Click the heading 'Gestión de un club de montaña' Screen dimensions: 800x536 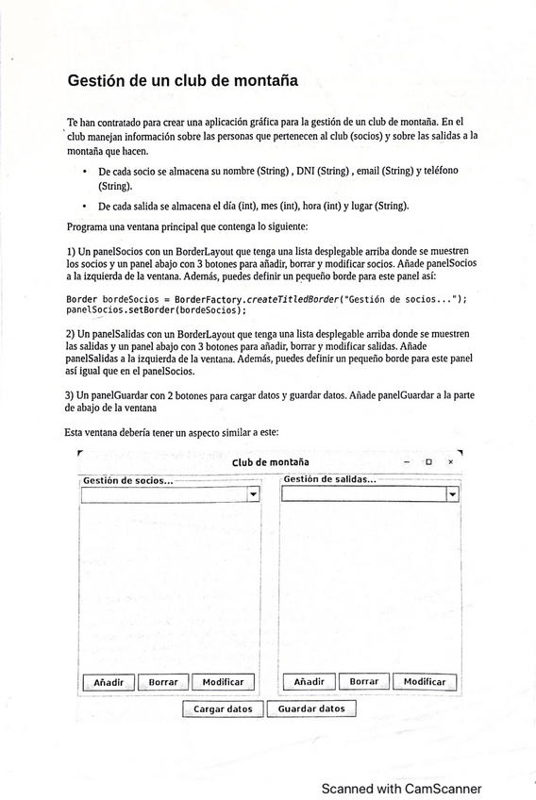(182, 81)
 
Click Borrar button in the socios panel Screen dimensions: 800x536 (163, 682)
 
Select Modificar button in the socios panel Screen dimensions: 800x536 (223, 682)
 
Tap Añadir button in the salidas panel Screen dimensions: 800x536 (309, 682)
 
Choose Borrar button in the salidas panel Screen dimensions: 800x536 (363, 682)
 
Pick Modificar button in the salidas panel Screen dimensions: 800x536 (425, 682)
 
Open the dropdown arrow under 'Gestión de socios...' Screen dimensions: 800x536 (253, 494)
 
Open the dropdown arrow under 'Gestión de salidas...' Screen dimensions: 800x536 (452, 494)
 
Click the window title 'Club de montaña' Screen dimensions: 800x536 (270, 462)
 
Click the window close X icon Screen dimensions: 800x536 (450, 462)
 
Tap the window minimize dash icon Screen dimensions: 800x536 (406, 462)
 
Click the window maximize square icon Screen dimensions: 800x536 (428, 462)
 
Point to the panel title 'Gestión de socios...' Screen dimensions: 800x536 (128, 480)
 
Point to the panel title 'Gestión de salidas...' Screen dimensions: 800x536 (330, 480)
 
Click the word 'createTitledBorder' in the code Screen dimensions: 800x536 (288, 299)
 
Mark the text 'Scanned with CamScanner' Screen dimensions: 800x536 (401, 789)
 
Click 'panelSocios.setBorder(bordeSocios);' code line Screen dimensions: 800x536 (156, 309)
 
